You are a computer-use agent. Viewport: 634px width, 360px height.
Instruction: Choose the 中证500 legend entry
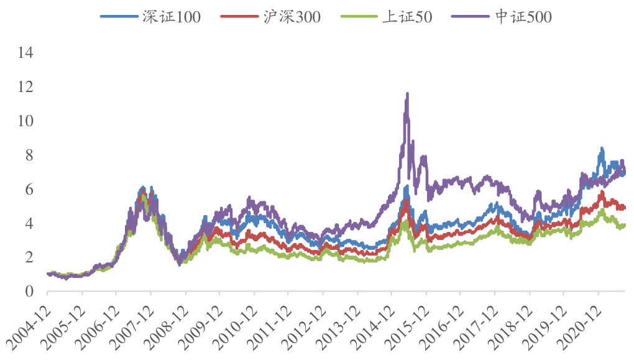[x=524, y=17]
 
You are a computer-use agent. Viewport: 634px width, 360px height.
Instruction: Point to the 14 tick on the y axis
[x=25, y=53]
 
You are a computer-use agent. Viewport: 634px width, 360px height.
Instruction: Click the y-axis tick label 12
[x=25, y=87]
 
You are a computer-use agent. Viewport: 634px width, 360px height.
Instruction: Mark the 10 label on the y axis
[x=25, y=121]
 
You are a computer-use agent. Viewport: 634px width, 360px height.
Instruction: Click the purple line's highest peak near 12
[x=407, y=94]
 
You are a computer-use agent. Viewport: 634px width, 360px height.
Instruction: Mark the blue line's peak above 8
[x=601, y=149]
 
